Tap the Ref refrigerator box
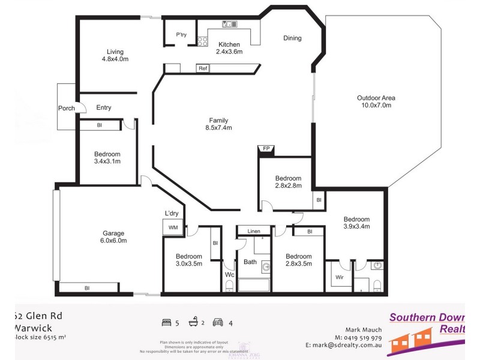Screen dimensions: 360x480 click(203, 68)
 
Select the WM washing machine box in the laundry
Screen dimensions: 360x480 click(172, 227)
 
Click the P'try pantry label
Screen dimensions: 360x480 click(181, 35)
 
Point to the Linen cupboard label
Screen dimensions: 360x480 click(253, 231)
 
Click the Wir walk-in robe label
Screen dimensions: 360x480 click(340, 278)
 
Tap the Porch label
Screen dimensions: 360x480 click(67, 109)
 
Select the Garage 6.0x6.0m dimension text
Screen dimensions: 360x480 click(114, 241)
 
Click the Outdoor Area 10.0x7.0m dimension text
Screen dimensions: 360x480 click(376, 106)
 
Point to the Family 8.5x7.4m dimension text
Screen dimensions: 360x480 click(218, 128)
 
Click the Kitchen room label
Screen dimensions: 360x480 click(229, 44)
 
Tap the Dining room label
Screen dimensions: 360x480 click(292, 38)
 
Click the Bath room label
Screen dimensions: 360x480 click(250, 262)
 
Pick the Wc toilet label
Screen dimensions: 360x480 click(229, 275)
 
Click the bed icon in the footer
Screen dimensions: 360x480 click(166, 323)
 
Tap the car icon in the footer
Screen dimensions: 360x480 click(218, 323)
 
